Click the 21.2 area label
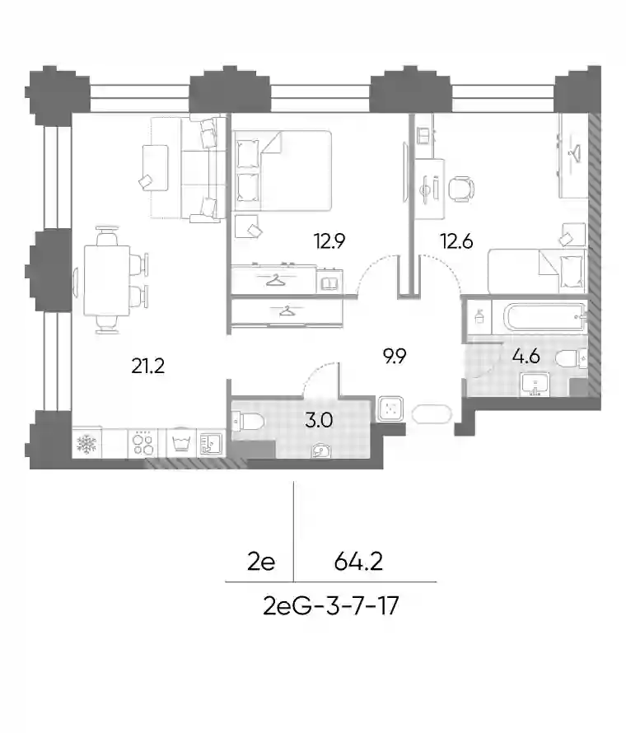click(147, 366)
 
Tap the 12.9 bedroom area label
click(329, 241)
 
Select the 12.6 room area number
click(457, 241)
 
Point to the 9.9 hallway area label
click(394, 357)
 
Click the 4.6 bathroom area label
click(526, 357)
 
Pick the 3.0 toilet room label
click(319, 420)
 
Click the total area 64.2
click(358, 562)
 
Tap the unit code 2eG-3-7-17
click(331, 606)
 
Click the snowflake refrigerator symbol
click(86, 444)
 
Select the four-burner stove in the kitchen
click(143, 443)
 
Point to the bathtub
click(544, 319)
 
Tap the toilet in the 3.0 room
click(248, 422)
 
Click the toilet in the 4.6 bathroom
click(572, 359)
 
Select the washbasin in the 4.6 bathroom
click(535, 385)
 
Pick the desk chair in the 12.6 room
click(461, 189)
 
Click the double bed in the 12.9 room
click(282, 170)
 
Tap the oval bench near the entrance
click(432, 413)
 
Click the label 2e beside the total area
click(261, 562)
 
